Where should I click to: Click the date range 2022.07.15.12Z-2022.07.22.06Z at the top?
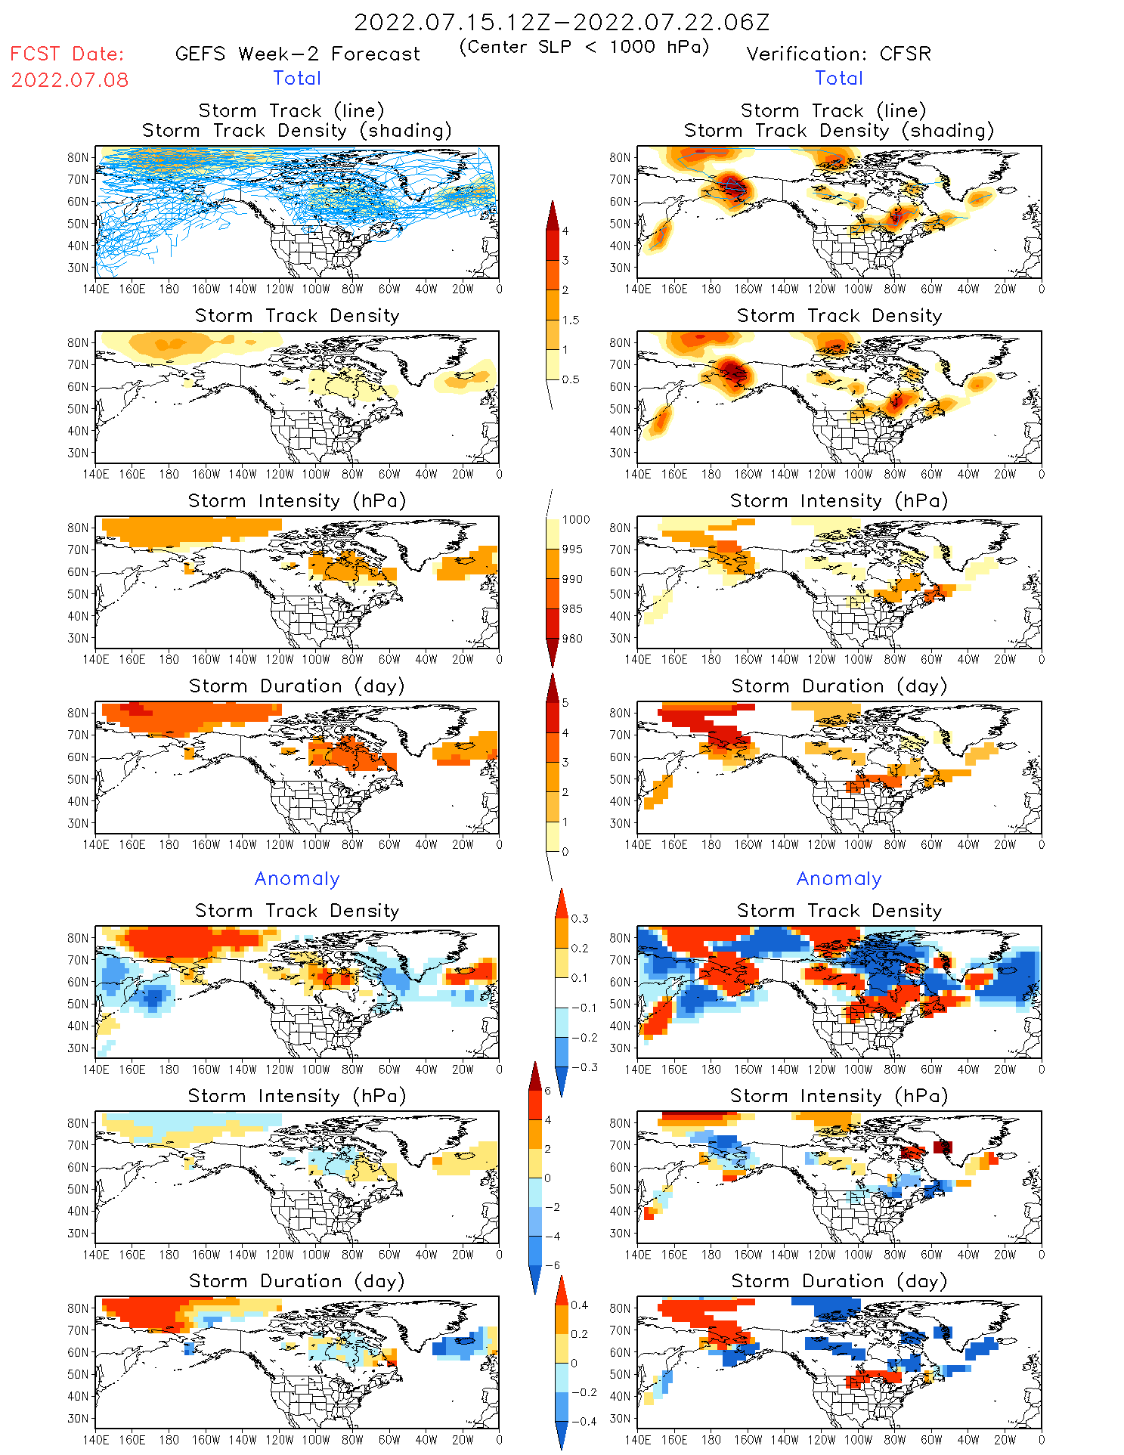tap(562, 23)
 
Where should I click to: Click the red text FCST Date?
tap(67, 54)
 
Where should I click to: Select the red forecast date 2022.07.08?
tap(70, 80)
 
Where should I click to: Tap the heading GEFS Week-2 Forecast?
tap(297, 54)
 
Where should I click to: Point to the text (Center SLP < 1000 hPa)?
tap(584, 47)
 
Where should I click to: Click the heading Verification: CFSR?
tap(838, 54)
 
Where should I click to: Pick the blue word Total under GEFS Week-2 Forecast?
tap(297, 79)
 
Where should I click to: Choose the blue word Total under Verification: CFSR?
tap(838, 79)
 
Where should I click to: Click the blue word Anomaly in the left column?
tap(297, 879)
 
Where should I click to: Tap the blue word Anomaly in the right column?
tap(839, 879)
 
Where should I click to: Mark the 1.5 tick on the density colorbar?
tap(571, 320)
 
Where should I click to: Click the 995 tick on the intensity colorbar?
tap(572, 549)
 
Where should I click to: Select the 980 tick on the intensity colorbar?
tap(572, 639)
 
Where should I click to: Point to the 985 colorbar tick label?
tap(572, 609)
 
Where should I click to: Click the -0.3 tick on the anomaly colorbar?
tap(584, 1067)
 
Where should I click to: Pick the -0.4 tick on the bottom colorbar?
tap(584, 1421)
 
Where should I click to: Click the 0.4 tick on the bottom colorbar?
tap(580, 1305)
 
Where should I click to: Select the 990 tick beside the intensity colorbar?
tap(572, 579)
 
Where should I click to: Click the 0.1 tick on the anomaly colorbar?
tap(579, 978)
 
